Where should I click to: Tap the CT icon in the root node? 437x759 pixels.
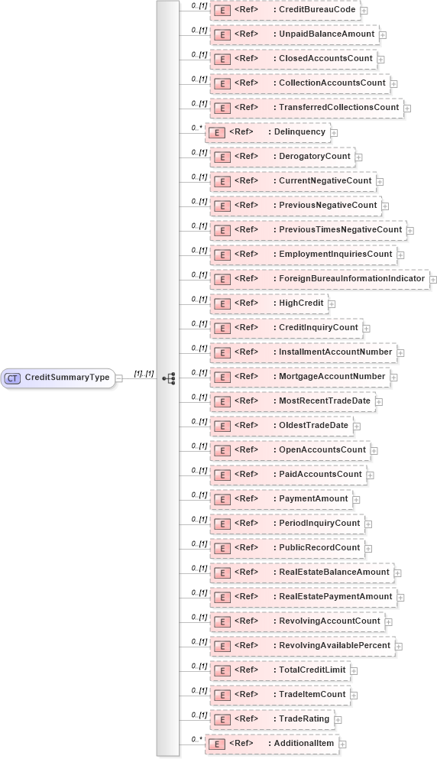[13, 378]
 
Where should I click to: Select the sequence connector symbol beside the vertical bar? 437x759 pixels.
[169, 378]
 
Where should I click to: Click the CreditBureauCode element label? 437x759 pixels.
[316, 10]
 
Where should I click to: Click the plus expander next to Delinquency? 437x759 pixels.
[334, 133]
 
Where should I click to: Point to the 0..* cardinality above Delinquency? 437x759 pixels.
[196, 127]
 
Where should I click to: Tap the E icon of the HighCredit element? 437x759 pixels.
[222, 304]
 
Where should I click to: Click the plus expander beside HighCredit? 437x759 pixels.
[332, 304]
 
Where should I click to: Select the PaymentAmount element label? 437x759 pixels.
[313, 499]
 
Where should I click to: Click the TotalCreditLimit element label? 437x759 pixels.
[312, 670]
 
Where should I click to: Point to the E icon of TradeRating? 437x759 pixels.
[222, 719]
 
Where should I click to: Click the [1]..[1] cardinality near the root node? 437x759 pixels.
[144, 373]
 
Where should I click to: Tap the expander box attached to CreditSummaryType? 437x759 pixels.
[119, 378]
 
